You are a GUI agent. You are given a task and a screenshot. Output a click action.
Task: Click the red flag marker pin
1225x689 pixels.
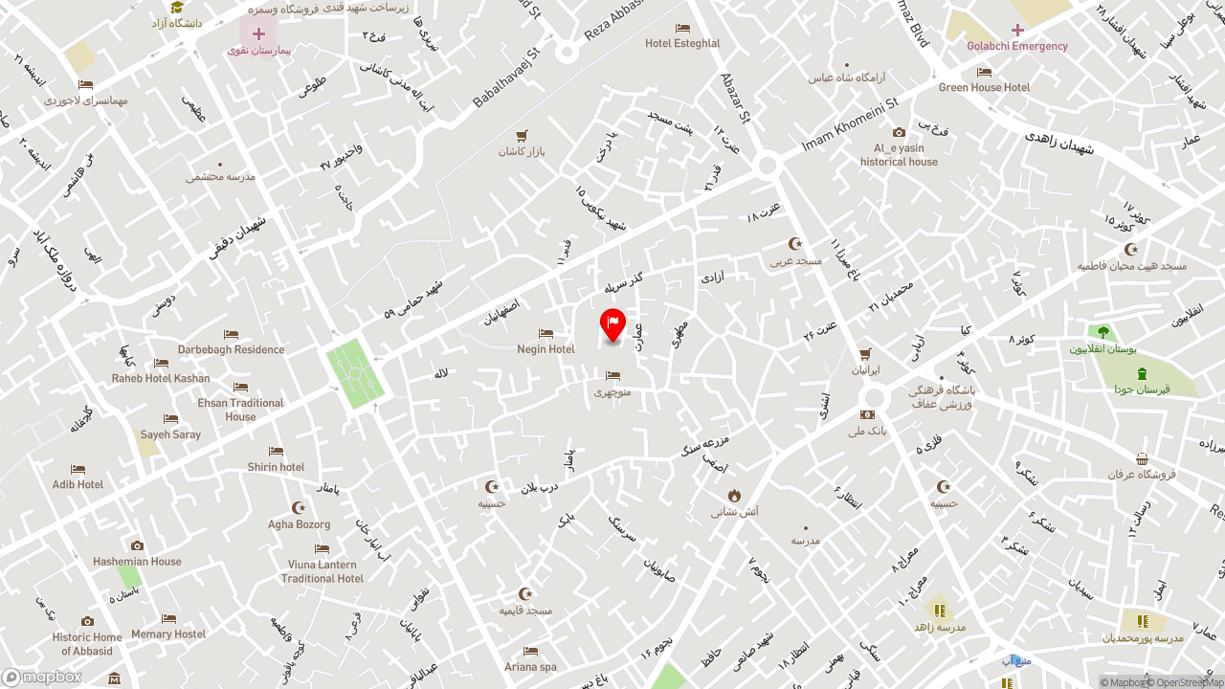coord(612,324)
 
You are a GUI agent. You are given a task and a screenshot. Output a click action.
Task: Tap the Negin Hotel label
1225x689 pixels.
coord(546,349)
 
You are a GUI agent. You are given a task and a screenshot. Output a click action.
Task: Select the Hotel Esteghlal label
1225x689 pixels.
coord(682,43)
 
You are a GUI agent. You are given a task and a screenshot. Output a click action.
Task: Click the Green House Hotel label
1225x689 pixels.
coord(984,87)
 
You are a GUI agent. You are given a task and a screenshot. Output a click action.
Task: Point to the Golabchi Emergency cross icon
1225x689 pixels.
coord(1017,30)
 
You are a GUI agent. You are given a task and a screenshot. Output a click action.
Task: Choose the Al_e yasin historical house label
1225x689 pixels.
coord(899,155)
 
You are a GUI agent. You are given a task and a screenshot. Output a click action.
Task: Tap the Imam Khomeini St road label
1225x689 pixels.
coord(850,124)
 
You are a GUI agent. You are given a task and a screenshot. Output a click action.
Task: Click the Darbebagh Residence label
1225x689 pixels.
coord(231,349)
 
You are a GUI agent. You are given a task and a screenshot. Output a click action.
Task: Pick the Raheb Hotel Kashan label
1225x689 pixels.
coord(161,378)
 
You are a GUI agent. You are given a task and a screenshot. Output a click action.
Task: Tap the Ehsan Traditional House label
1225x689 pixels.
coord(240,410)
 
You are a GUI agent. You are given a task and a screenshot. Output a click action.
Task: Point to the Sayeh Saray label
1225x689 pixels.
coord(170,434)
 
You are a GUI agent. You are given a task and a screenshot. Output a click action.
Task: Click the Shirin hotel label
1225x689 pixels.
coord(276,467)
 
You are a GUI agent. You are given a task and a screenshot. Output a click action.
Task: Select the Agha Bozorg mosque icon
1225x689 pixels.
coord(299,507)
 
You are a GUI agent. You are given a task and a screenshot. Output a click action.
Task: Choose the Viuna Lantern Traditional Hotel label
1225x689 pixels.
coord(322,571)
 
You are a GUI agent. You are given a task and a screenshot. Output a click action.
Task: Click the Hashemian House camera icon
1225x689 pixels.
coord(137,545)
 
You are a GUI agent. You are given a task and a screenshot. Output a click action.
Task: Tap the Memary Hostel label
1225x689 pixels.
coord(168,633)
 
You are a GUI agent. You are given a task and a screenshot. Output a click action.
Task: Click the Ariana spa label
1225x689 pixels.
coord(530,667)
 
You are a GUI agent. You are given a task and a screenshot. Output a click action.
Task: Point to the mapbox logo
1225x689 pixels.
coord(42,678)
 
